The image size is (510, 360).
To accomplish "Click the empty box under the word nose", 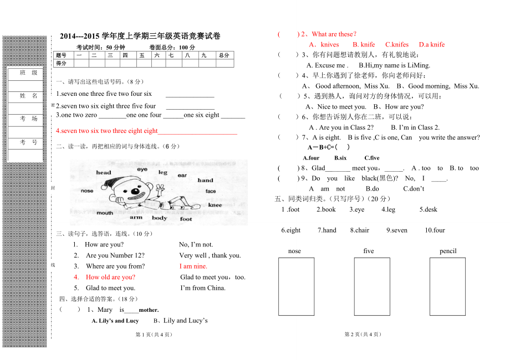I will pyautogui.click(x=296, y=286).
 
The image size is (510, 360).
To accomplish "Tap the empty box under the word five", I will pyautogui.click(x=371, y=286).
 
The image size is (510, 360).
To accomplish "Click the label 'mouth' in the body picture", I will pyautogui.click(x=105, y=213).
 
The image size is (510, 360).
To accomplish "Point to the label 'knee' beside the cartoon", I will pyautogui.click(x=215, y=205).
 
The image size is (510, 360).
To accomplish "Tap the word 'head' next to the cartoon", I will pyautogui.click(x=104, y=173).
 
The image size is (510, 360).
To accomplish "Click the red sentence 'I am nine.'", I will pyautogui.click(x=193, y=266).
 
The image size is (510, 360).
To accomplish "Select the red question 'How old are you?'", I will pyautogui.click(x=110, y=277).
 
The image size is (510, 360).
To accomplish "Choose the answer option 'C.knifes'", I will pyautogui.click(x=397, y=45).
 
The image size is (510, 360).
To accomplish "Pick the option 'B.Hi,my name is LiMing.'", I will pyautogui.click(x=394, y=65).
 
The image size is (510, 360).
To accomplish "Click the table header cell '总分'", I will pyautogui.click(x=224, y=55).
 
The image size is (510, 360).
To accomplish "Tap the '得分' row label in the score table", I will pyautogui.click(x=62, y=63).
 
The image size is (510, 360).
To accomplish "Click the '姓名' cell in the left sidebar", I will pyautogui.click(x=29, y=96).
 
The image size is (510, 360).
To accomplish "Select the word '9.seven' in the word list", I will pyautogui.click(x=397, y=230).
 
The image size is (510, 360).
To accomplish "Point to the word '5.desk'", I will pyautogui.click(x=428, y=209).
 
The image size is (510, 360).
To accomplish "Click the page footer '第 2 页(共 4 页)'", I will pyautogui.click(x=363, y=335).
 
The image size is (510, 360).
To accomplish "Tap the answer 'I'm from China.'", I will pyautogui.click(x=203, y=288).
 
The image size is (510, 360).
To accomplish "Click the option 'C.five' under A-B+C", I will pyautogui.click(x=372, y=158).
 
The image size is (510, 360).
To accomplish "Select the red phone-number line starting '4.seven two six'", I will pyautogui.click(x=107, y=131).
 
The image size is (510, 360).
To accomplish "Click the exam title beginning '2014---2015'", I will pyautogui.click(x=140, y=36).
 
